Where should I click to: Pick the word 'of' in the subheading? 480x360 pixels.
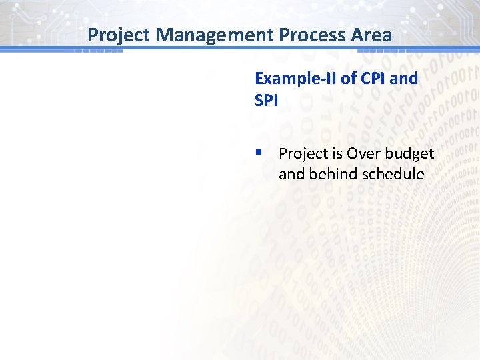pyautogui.click(x=348, y=79)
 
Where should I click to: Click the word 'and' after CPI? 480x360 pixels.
pyautogui.click(x=403, y=79)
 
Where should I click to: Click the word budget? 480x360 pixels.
pyautogui.click(x=409, y=154)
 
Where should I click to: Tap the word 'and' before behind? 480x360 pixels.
pyautogui.click(x=291, y=175)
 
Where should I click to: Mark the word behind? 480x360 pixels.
pyautogui.click(x=333, y=175)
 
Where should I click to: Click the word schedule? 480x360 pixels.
pyautogui.click(x=393, y=175)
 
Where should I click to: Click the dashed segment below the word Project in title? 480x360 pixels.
pyautogui.click(x=99, y=51)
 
